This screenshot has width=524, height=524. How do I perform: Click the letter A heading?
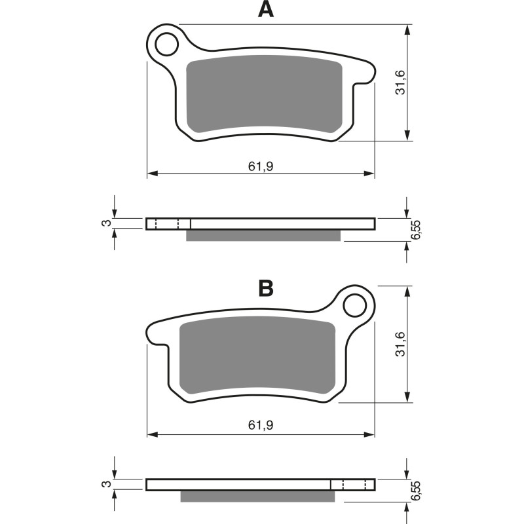point(265,9)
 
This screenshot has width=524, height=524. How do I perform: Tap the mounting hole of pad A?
point(167,44)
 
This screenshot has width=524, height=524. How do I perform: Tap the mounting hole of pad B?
point(356,305)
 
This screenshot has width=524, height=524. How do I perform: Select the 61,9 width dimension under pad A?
point(260,166)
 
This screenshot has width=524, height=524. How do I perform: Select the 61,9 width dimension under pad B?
point(260,426)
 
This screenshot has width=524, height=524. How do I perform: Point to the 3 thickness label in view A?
point(105,223)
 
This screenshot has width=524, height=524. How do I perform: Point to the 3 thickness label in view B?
point(105,484)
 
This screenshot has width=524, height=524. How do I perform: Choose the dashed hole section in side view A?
point(168,224)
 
